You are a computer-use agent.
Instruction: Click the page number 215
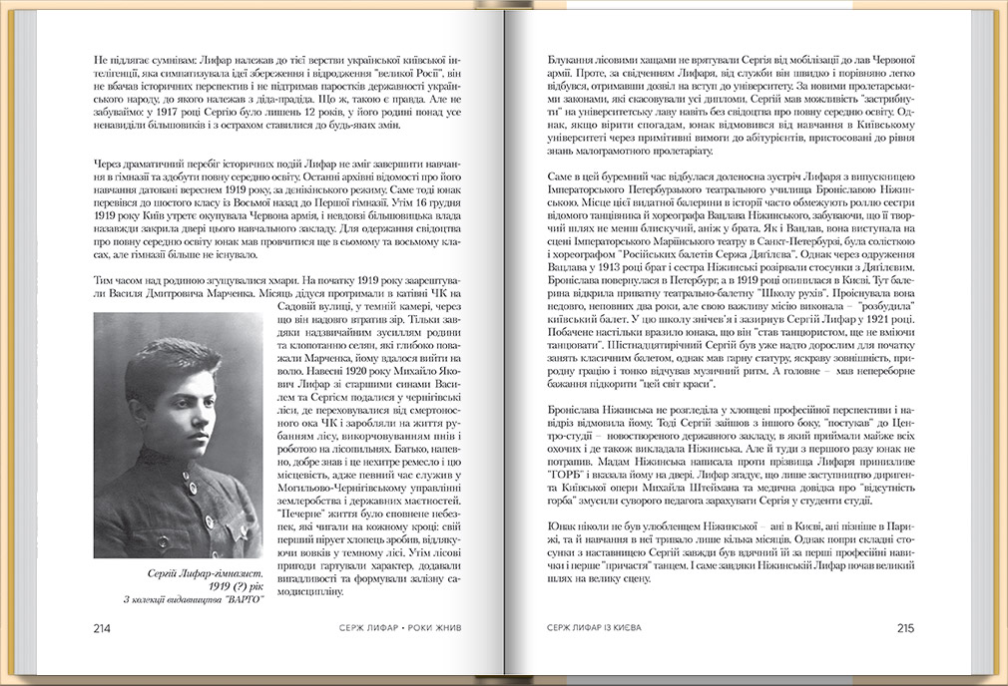[x=905, y=628]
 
